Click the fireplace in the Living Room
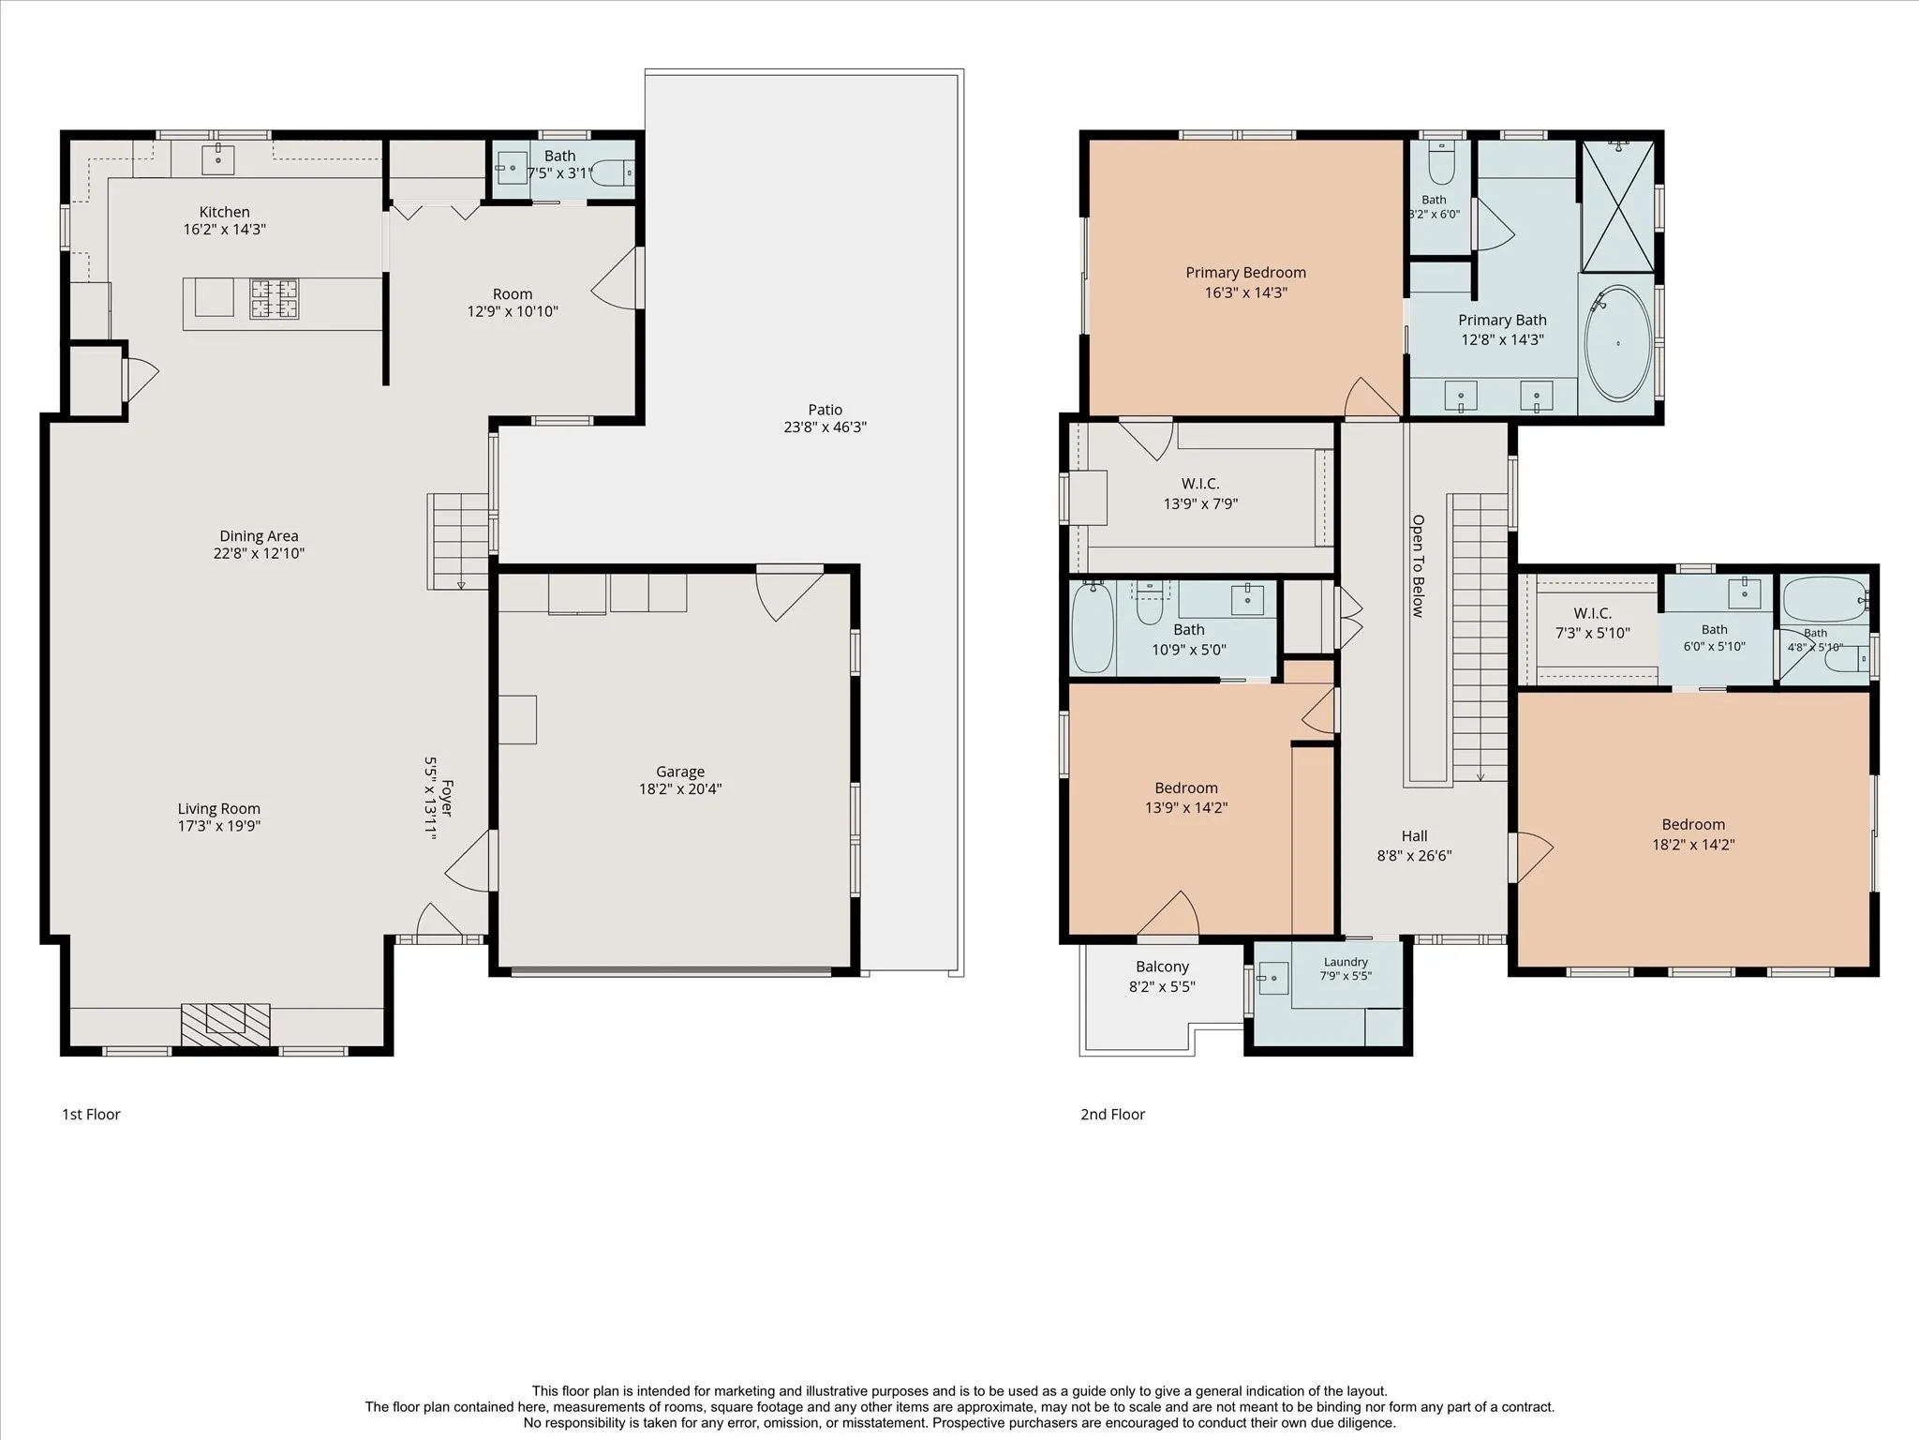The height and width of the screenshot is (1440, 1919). click(x=226, y=1024)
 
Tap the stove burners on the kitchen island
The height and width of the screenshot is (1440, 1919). click(x=274, y=299)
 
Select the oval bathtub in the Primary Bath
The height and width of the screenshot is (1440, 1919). click(x=1618, y=343)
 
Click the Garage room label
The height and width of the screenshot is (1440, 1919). click(x=680, y=772)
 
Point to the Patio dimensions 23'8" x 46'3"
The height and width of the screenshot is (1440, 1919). click(x=826, y=427)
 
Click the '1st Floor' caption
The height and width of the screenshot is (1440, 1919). click(x=91, y=1115)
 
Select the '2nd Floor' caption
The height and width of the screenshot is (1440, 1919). click(x=1113, y=1115)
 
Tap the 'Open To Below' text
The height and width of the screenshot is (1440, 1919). click(x=1418, y=566)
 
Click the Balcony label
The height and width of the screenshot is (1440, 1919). click(x=1162, y=967)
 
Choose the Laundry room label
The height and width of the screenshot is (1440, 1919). click(x=1346, y=962)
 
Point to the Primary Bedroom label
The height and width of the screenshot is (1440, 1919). click(x=1245, y=273)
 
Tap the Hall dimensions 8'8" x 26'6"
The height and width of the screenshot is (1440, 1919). click(x=1415, y=856)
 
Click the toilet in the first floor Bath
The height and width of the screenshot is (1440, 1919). click(x=613, y=173)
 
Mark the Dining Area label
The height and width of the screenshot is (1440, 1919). click(x=259, y=536)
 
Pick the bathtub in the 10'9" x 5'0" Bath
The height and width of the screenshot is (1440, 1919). click(x=1092, y=627)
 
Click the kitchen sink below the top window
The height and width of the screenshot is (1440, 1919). click(x=218, y=159)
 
